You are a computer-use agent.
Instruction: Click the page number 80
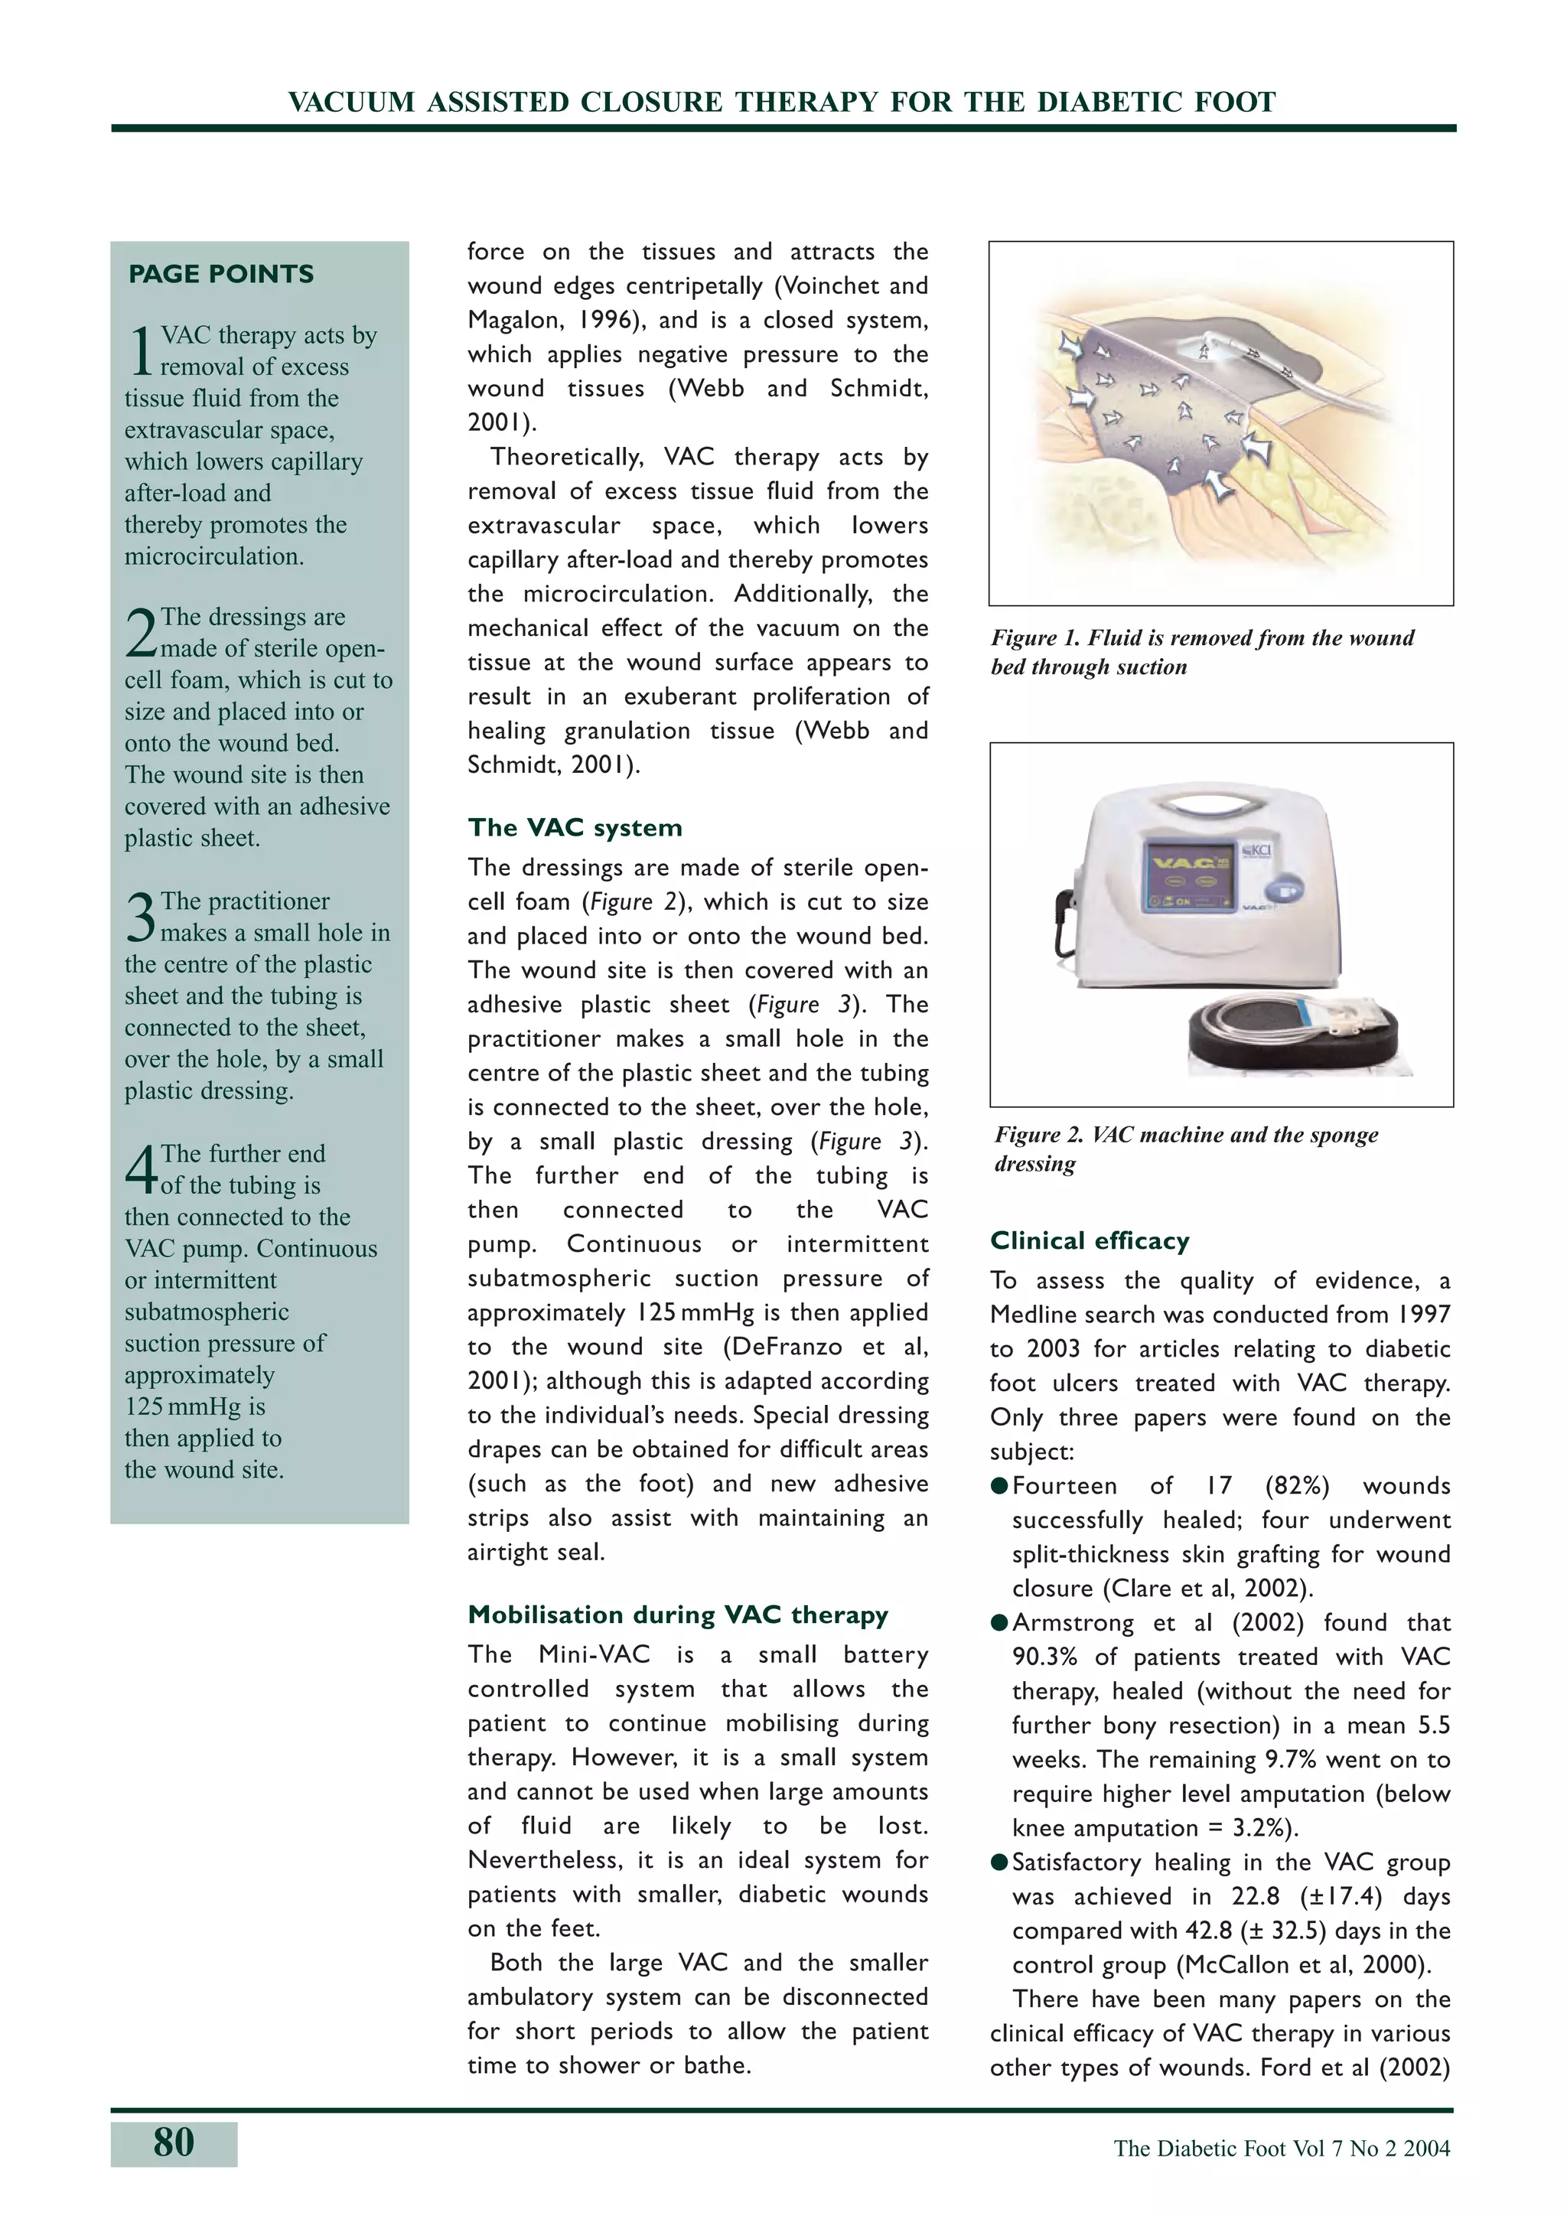[174, 2143]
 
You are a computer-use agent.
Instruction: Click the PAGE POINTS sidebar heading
[221, 274]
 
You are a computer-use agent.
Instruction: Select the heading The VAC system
[575, 828]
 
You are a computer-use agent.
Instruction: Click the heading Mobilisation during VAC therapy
[677, 1615]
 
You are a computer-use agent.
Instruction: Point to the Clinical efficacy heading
[1090, 1240]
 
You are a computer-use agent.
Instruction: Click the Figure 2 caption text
[1186, 1149]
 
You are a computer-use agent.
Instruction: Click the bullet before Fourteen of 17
[999, 1485]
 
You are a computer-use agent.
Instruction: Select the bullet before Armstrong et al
[999, 1622]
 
